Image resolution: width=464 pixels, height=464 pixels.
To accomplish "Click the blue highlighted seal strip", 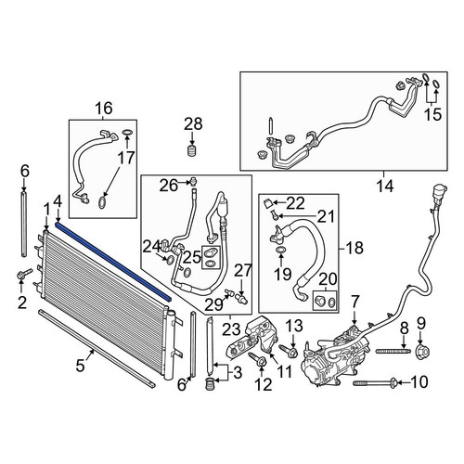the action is click(113, 262).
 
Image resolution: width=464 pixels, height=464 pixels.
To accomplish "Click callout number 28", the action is click(193, 124).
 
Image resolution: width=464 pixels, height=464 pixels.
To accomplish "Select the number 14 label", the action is click(385, 187).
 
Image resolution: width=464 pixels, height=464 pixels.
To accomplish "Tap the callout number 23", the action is click(232, 329).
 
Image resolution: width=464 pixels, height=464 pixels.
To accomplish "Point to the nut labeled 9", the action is click(423, 351).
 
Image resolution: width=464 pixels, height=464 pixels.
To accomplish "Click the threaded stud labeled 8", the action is click(393, 351).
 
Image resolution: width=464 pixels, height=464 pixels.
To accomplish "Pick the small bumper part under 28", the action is click(193, 151).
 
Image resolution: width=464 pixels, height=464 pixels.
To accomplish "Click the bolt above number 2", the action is click(24, 274).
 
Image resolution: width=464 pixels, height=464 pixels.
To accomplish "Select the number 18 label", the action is click(355, 248).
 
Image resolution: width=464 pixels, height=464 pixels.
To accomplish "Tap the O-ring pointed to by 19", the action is click(280, 250).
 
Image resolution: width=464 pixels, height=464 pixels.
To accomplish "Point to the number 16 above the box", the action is click(103, 109).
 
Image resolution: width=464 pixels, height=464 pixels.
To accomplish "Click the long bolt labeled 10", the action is click(375, 382).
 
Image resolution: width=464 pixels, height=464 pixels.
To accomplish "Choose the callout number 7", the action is click(354, 302).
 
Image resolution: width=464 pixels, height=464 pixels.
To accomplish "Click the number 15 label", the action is click(432, 115).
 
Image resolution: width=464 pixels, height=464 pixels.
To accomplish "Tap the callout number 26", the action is click(169, 186).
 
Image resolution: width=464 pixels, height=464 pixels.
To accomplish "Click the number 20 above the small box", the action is click(328, 278).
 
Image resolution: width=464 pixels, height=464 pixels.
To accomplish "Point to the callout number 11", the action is click(285, 372).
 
